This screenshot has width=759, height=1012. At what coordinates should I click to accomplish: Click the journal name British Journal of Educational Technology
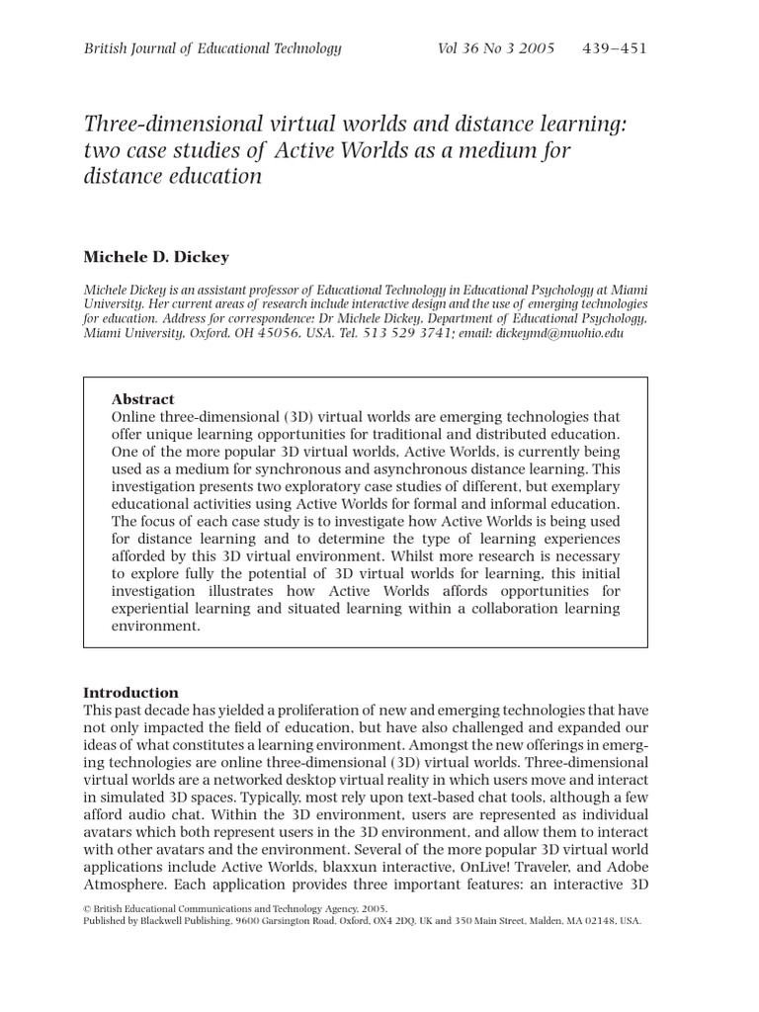click(x=212, y=48)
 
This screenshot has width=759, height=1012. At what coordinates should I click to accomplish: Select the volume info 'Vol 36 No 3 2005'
click(x=496, y=48)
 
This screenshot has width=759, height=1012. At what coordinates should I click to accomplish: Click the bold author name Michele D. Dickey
click(x=156, y=257)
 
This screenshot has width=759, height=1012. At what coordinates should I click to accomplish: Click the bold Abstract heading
click(x=142, y=399)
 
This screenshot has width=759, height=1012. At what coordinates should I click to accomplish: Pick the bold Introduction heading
click(x=130, y=693)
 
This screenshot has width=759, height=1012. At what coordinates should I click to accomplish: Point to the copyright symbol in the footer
click(x=87, y=908)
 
